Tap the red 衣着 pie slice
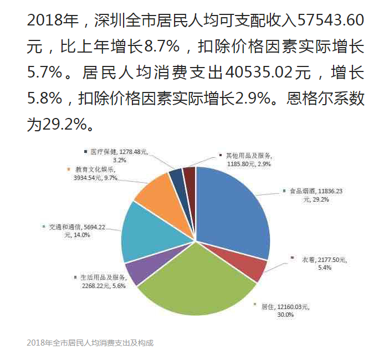point(255,270)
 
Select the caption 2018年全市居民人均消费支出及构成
point(90,343)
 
